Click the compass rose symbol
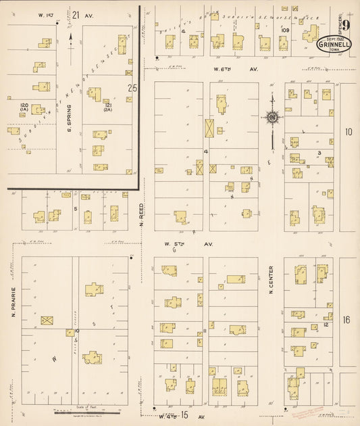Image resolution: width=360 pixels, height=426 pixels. pos(272,118)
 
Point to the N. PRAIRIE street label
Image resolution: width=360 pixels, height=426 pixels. pos(13,302)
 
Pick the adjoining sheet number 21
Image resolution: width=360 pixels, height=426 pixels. pos(76,15)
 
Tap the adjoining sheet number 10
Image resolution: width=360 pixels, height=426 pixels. pos(348,133)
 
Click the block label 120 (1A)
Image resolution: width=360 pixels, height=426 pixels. pos(24,108)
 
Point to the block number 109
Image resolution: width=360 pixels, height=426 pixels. pos(286,30)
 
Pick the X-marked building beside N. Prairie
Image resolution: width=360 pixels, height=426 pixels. pos(47,320)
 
